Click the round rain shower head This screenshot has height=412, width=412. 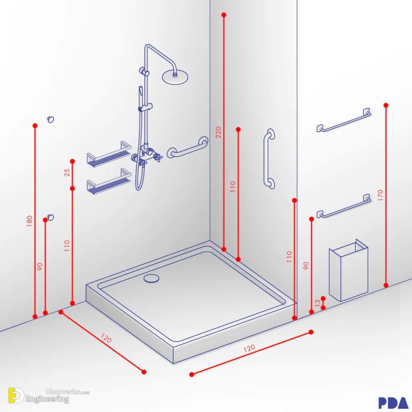pos(175,76)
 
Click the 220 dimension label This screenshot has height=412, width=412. pos(218,132)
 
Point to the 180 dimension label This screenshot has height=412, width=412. pos(30,220)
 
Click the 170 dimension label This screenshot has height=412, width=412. pos(380,195)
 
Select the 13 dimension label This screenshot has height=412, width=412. pos(318,304)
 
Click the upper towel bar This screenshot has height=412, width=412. pos(343,121)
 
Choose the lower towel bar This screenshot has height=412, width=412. pos(343,207)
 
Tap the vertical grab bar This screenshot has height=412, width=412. pos(269,158)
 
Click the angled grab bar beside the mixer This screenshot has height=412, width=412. pos(187,147)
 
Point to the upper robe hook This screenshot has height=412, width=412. pos(50,119)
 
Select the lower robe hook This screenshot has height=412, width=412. pos(50,217)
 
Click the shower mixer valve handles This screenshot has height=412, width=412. pos(143,157)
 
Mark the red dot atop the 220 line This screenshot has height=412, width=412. pos(224,15)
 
